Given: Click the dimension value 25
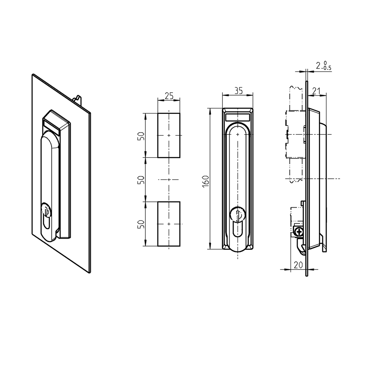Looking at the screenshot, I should pos(169,96).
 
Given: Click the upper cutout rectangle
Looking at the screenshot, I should pos(169,135).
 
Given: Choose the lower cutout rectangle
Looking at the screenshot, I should pos(169,224).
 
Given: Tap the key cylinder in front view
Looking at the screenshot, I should pos(237,215).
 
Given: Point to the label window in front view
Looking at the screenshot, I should pos(237,118).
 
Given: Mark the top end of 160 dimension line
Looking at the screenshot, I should pos(210,109).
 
